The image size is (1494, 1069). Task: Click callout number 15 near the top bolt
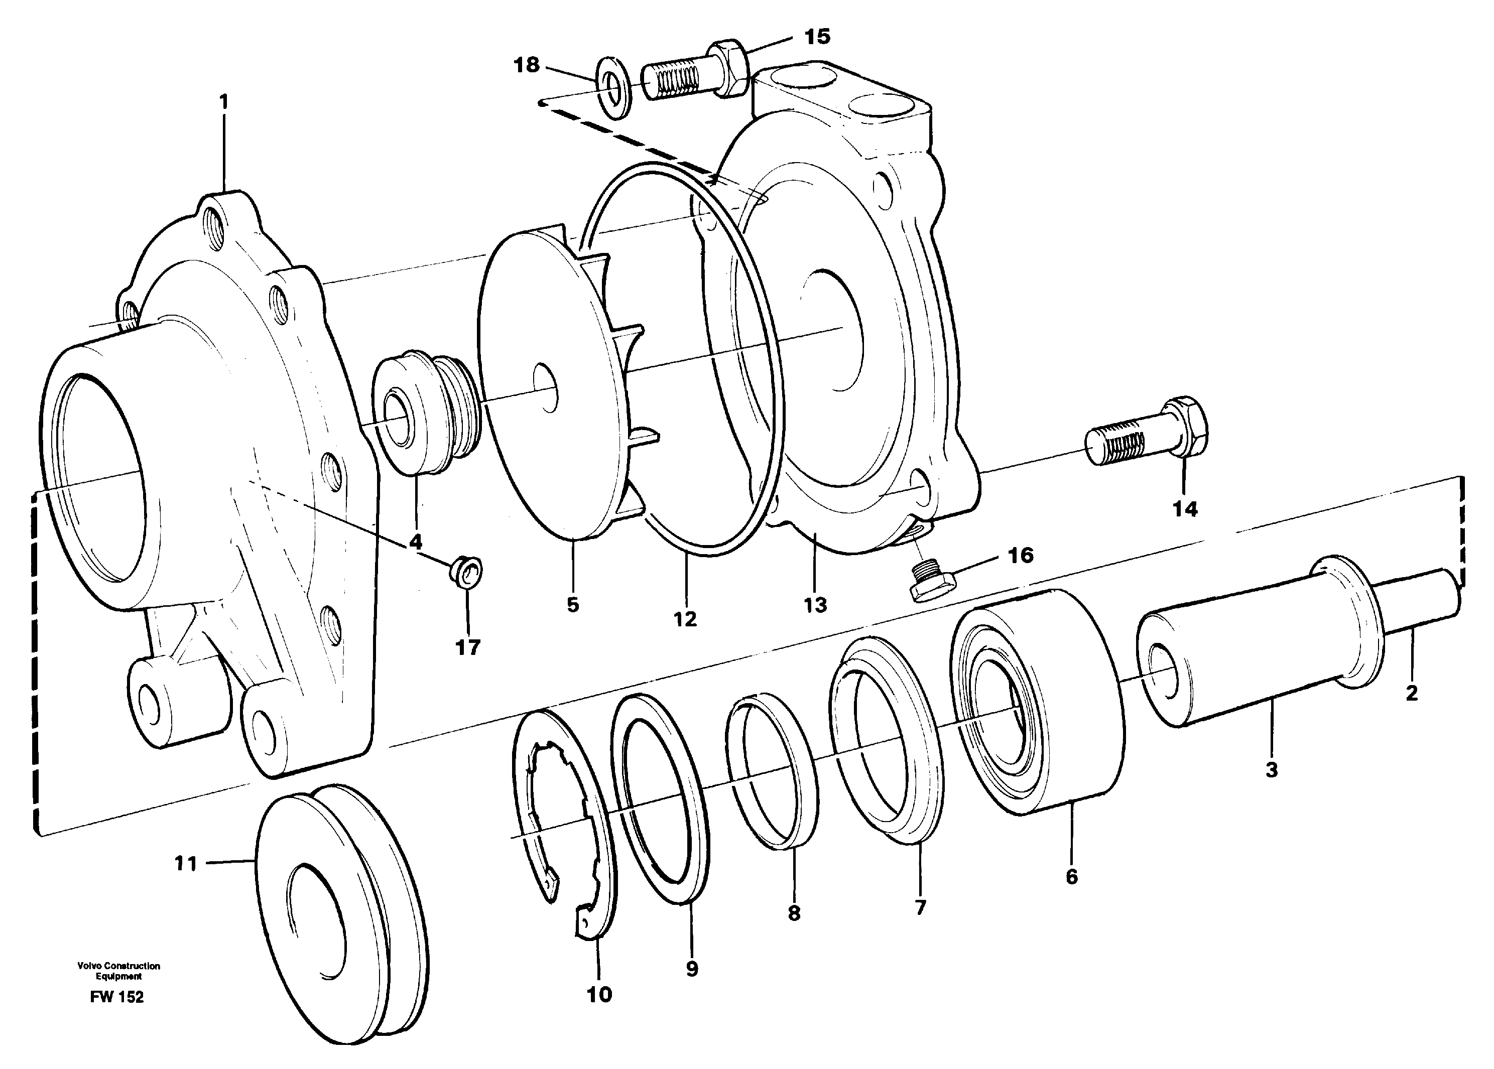(817, 37)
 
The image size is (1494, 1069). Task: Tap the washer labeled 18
(614, 89)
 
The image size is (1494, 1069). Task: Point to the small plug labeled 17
(467, 570)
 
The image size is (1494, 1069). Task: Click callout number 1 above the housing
(224, 102)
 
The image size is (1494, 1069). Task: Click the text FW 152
(117, 997)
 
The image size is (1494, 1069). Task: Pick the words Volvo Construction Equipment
(118, 971)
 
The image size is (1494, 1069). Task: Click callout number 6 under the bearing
(1071, 876)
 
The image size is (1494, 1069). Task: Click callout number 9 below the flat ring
(691, 968)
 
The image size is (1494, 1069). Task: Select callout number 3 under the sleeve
(1272, 769)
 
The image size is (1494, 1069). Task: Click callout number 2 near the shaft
(1411, 693)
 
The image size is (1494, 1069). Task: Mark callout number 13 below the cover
(815, 604)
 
